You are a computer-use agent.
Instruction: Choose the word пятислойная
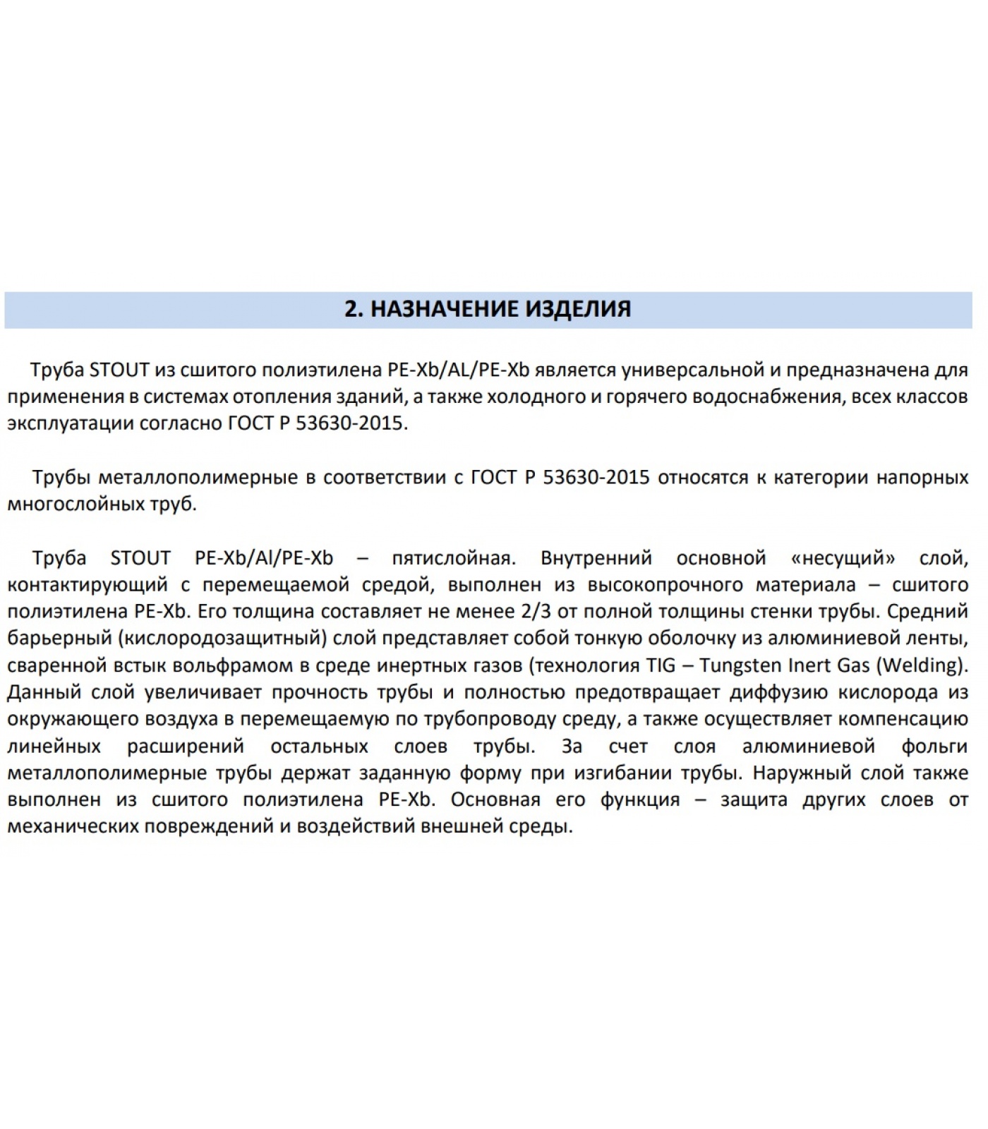454,558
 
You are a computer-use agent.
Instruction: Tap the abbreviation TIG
661,665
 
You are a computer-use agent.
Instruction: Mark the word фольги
934,746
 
